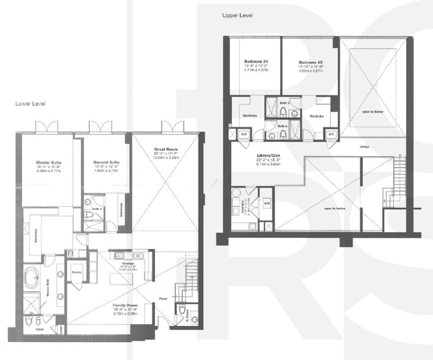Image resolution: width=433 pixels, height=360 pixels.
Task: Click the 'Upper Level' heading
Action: point(242,14)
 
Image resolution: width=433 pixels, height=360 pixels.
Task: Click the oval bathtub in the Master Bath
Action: point(33,278)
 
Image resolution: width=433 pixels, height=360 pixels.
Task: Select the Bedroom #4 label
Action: point(256,61)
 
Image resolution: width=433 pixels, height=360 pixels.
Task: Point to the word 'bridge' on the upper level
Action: point(365,147)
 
